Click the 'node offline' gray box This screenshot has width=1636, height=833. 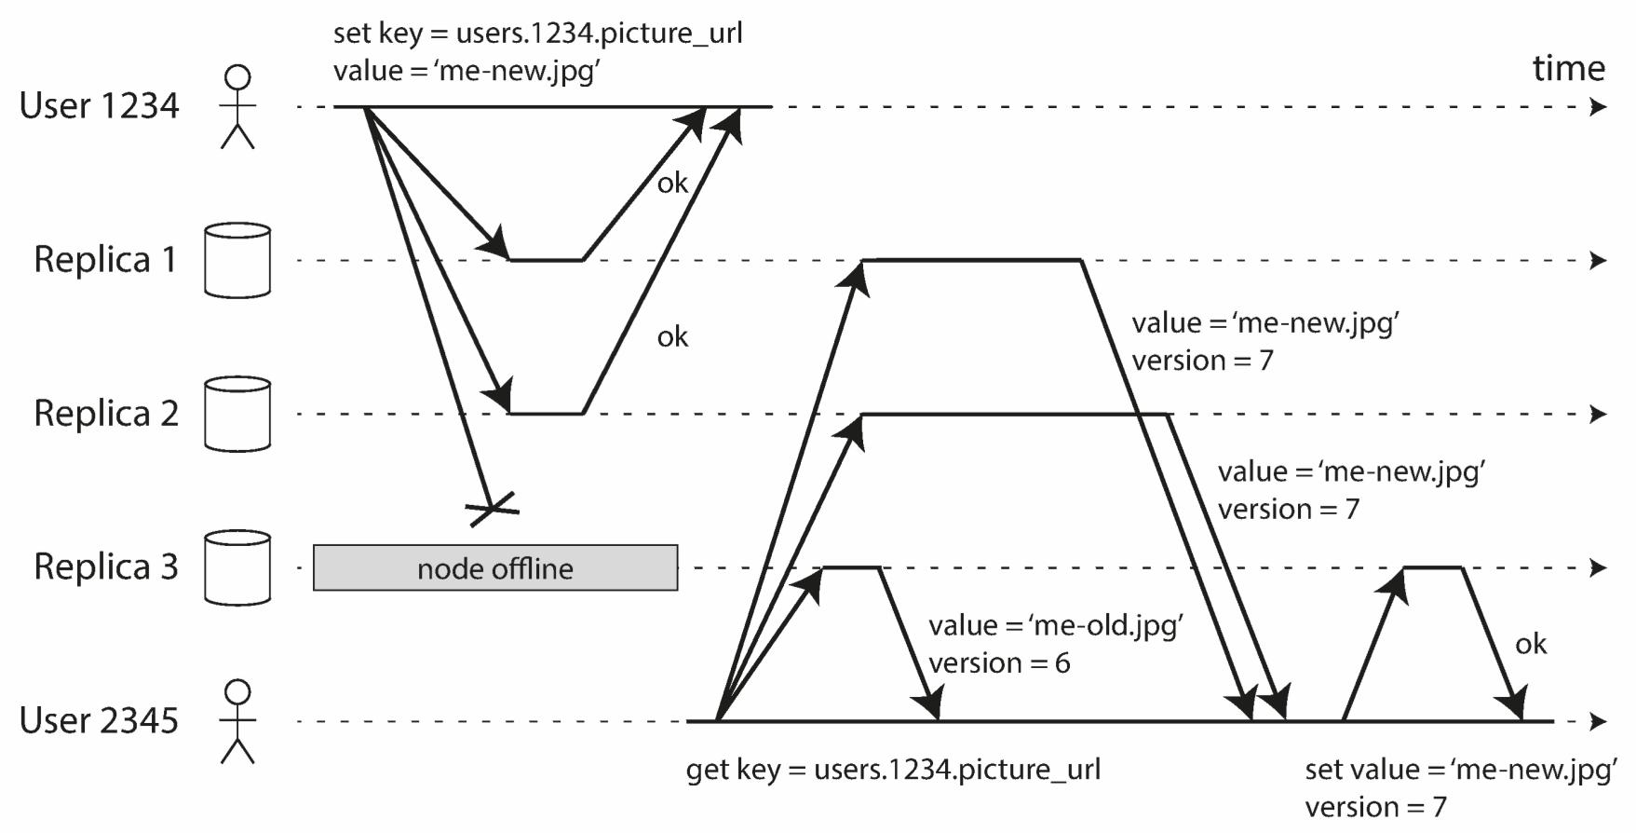(x=494, y=567)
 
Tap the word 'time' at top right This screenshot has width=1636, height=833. (x=1568, y=68)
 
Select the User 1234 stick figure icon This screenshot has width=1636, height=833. (x=237, y=106)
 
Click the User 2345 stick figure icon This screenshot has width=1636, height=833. (x=237, y=721)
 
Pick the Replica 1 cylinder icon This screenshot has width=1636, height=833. (x=237, y=260)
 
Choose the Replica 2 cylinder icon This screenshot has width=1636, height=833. (x=237, y=414)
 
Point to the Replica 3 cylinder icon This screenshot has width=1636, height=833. (x=237, y=567)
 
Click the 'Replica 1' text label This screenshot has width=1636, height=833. (x=105, y=259)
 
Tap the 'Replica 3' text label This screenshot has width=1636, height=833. (x=105, y=567)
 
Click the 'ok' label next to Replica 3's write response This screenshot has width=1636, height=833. (x=1530, y=644)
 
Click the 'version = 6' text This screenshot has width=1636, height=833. (x=999, y=662)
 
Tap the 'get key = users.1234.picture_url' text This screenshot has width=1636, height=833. (x=893, y=770)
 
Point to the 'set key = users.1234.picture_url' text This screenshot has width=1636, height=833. (x=537, y=33)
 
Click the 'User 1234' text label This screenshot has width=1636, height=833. (x=99, y=105)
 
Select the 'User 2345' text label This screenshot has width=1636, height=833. (x=99, y=720)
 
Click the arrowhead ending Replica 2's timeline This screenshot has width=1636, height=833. (x=1598, y=414)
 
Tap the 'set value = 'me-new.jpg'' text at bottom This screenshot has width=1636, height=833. (x=1460, y=770)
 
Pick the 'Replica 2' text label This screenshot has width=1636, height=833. (x=105, y=413)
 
